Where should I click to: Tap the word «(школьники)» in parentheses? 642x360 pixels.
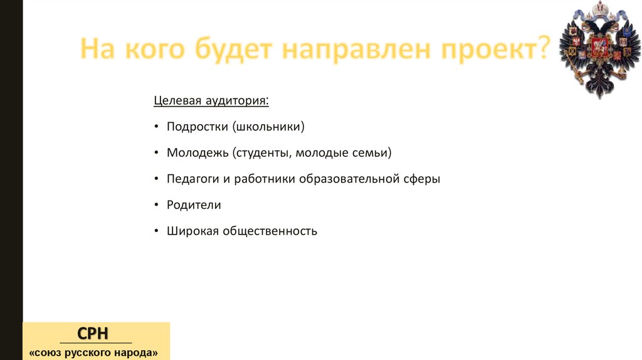[268, 127]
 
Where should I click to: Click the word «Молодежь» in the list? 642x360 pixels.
[197, 153]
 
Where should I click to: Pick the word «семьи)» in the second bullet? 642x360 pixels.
[374, 153]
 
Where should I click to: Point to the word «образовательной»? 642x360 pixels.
[349, 179]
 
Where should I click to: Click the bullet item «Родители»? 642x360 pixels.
[194, 205]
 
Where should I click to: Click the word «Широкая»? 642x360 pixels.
[192, 231]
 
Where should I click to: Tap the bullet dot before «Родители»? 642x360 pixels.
[155, 206]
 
